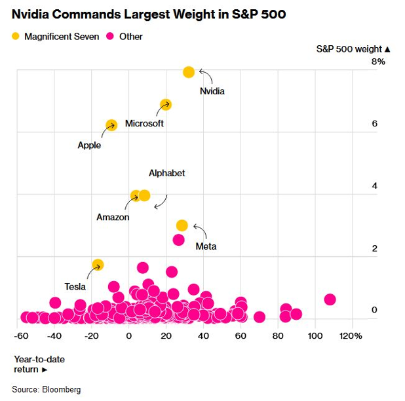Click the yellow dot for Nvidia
(189, 72)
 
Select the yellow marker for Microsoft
(166, 105)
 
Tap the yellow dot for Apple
(111, 125)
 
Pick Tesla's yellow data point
(98, 265)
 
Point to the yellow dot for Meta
(182, 225)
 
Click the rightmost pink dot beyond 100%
(330, 299)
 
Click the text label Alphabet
(166, 173)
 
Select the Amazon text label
(113, 217)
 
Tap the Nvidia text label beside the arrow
(212, 91)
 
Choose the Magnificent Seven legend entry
(56, 37)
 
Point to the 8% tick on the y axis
(378, 62)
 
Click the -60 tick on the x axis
(22, 336)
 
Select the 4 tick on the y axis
(375, 186)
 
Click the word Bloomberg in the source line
(62, 389)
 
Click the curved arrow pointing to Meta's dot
(200, 231)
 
